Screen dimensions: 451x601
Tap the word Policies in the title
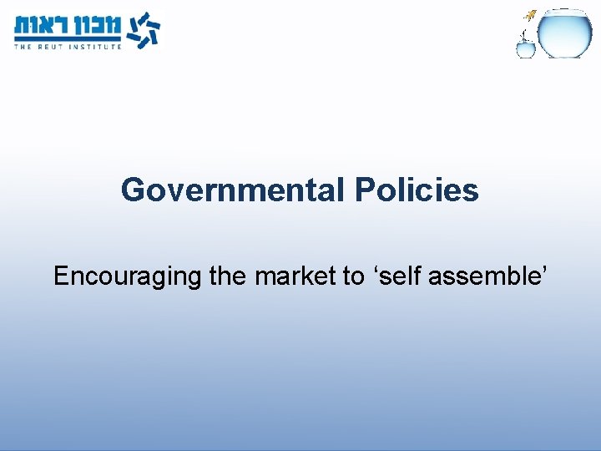[x=417, y=190]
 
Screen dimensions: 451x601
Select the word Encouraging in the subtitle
[x=128, y=276]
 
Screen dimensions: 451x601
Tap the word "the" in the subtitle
[x=228, y=276]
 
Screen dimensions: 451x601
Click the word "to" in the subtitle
[x=353, y=276]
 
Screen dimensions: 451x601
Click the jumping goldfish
[x=530, y=13]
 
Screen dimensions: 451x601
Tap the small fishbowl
[x=525, y=49]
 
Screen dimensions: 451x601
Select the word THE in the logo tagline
[x=23, y=47]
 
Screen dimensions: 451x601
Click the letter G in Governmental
[x=134, y=190]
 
